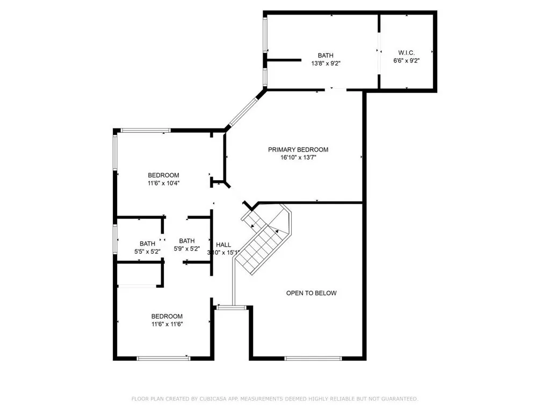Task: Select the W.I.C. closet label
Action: tap(406, 53)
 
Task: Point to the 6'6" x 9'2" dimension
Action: tap(406, 61)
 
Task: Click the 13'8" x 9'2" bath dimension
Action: tap(325, 63)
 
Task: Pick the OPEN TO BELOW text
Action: tap(311, 293)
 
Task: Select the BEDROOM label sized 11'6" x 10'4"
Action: tap(163, 175)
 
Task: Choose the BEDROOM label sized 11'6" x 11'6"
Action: tap(167, 316)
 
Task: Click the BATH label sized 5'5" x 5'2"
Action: tap(147, 243)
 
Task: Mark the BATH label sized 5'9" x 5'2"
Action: tap(187, 241)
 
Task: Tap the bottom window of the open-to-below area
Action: tap(313, 358)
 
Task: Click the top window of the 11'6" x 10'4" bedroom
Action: tap(146, 130)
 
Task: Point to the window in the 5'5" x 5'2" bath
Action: tap(115, 239)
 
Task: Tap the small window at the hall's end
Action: tap(231, 307)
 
